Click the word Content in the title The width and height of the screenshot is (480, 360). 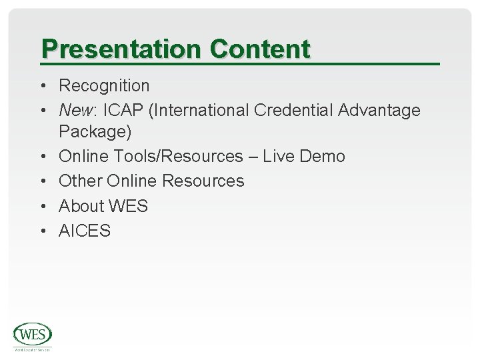coord(260,49)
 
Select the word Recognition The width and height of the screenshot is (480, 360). coord(105,86)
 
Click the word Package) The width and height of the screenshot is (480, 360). coord(95,132)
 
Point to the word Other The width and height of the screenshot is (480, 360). coord(79,181)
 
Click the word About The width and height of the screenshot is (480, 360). coord(81,206)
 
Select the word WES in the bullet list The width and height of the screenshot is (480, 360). coord(129,206)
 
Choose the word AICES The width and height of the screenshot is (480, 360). coord(85,231)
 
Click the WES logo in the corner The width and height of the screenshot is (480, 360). coord(33,335)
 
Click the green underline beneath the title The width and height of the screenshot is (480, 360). coord(240,63)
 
